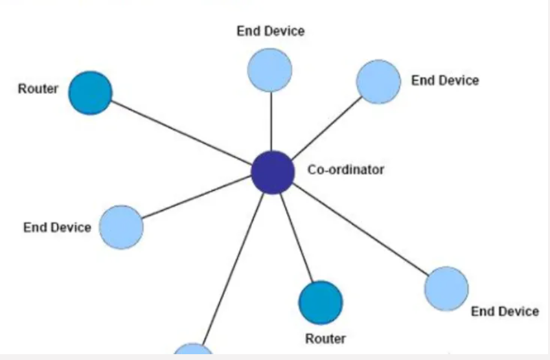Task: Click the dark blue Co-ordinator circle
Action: [273, 172]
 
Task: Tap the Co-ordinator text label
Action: [345, 170]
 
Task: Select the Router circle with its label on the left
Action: [91, 93]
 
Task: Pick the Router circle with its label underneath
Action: [321, 302]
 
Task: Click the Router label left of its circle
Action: [38, 89]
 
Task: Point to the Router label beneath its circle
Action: [325, 339]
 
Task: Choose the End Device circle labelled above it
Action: [269, 70]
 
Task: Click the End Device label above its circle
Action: [270, 31]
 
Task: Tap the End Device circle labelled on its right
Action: [378, 82]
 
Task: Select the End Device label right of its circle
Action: [445, 81]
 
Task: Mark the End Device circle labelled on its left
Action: [121, 227]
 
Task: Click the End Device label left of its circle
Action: [57, 228]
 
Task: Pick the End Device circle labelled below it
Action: [446, 289]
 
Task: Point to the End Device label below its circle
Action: [505, 311]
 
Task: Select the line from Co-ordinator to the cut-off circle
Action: [233, 265]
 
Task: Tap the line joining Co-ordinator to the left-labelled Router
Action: [181, 133]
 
